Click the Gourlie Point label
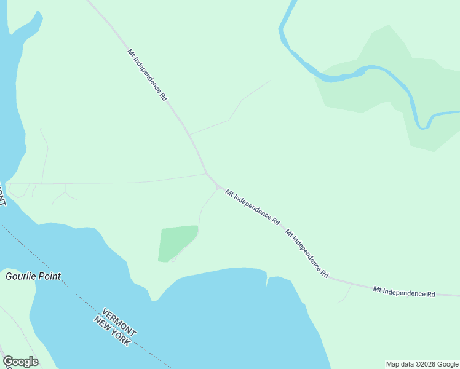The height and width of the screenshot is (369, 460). point(33,276)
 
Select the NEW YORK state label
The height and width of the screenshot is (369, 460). point(111,331)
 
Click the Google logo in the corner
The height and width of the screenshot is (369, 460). point(20,362)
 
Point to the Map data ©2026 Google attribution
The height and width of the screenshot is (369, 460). point(422,364)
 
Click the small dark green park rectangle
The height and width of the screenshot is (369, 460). point(177,243)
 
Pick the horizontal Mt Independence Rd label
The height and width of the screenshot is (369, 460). point(403,292)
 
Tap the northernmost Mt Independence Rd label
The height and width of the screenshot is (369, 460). point(148,74)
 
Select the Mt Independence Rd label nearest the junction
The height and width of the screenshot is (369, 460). point(252,207)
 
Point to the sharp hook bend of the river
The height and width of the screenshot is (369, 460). point(422,126)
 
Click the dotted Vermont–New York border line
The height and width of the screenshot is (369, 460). point(55,267)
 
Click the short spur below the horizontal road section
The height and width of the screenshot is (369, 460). point(344,294)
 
